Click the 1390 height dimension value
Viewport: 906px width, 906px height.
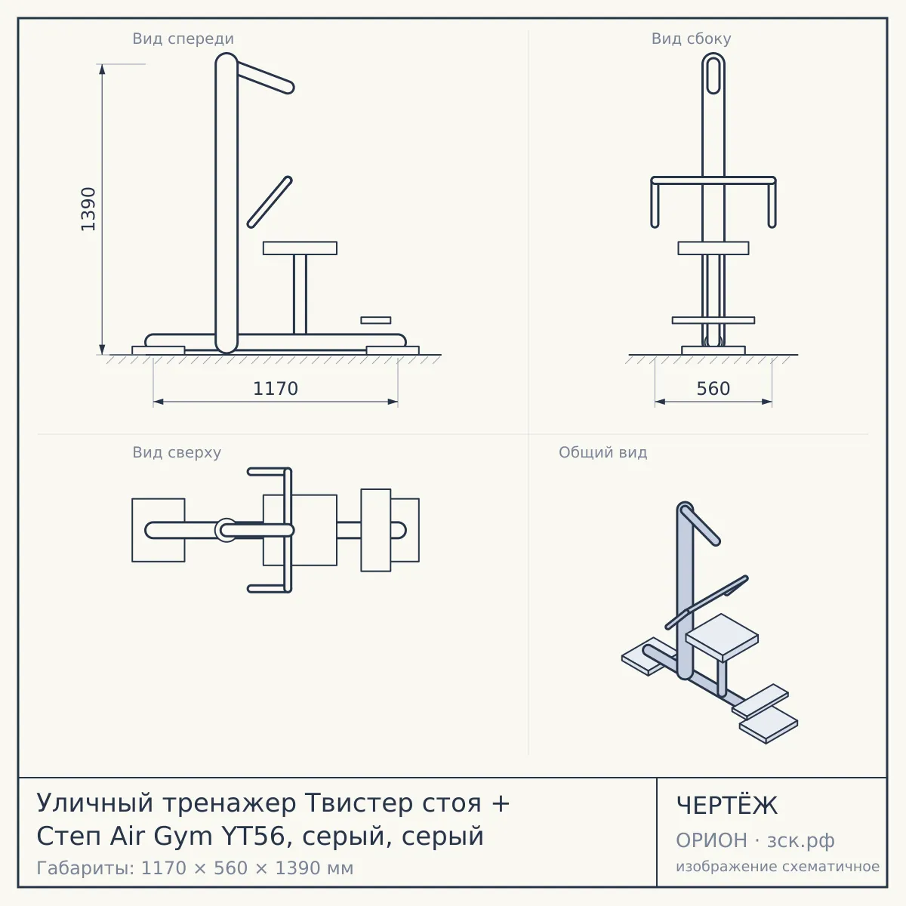[x=88, y=209]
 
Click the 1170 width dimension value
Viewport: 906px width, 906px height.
[x=276, y=389]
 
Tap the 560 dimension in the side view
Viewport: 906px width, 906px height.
[x=713, y=389]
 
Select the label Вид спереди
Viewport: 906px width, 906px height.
[x=183, y=39]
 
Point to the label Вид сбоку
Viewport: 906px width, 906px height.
[x=691, y=39]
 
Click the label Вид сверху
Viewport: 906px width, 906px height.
[x=177, y=452]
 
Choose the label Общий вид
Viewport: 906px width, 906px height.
[x=602, y=452]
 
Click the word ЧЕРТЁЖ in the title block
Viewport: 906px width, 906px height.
[x=727, y=806]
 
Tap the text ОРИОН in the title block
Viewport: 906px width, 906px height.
[x=711, y=840]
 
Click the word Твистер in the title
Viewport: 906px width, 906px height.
[x=393, y=803]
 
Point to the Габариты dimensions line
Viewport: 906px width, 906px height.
[x=195, y=868]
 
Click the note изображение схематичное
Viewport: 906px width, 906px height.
[x=778, y=866]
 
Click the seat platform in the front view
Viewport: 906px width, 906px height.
[x=300, y=248]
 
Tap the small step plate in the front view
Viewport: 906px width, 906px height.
[x=376, y=320]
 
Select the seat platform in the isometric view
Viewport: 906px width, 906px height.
[x=722, y=637]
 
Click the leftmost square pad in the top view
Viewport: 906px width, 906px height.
[x=159, y=530]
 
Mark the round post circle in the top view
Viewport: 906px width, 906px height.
[x=226, y=530]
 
